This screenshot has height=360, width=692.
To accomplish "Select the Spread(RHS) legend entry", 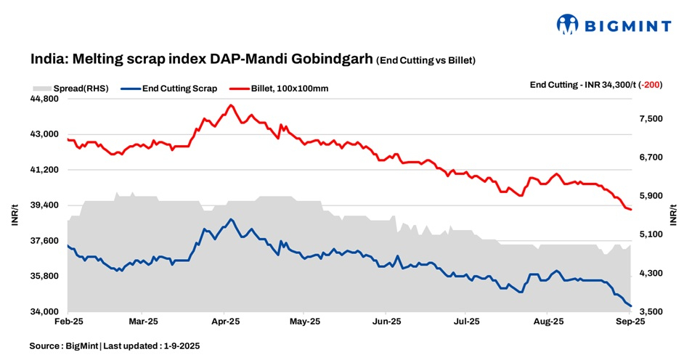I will tap(73, 89).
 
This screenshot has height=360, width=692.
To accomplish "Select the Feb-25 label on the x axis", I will tap(68, 320).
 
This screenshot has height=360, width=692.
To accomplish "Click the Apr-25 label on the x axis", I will tap(225, 320).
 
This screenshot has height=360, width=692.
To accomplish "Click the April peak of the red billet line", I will tap(231, 105).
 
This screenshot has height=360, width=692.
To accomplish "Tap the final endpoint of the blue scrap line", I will tap(630, 306).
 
